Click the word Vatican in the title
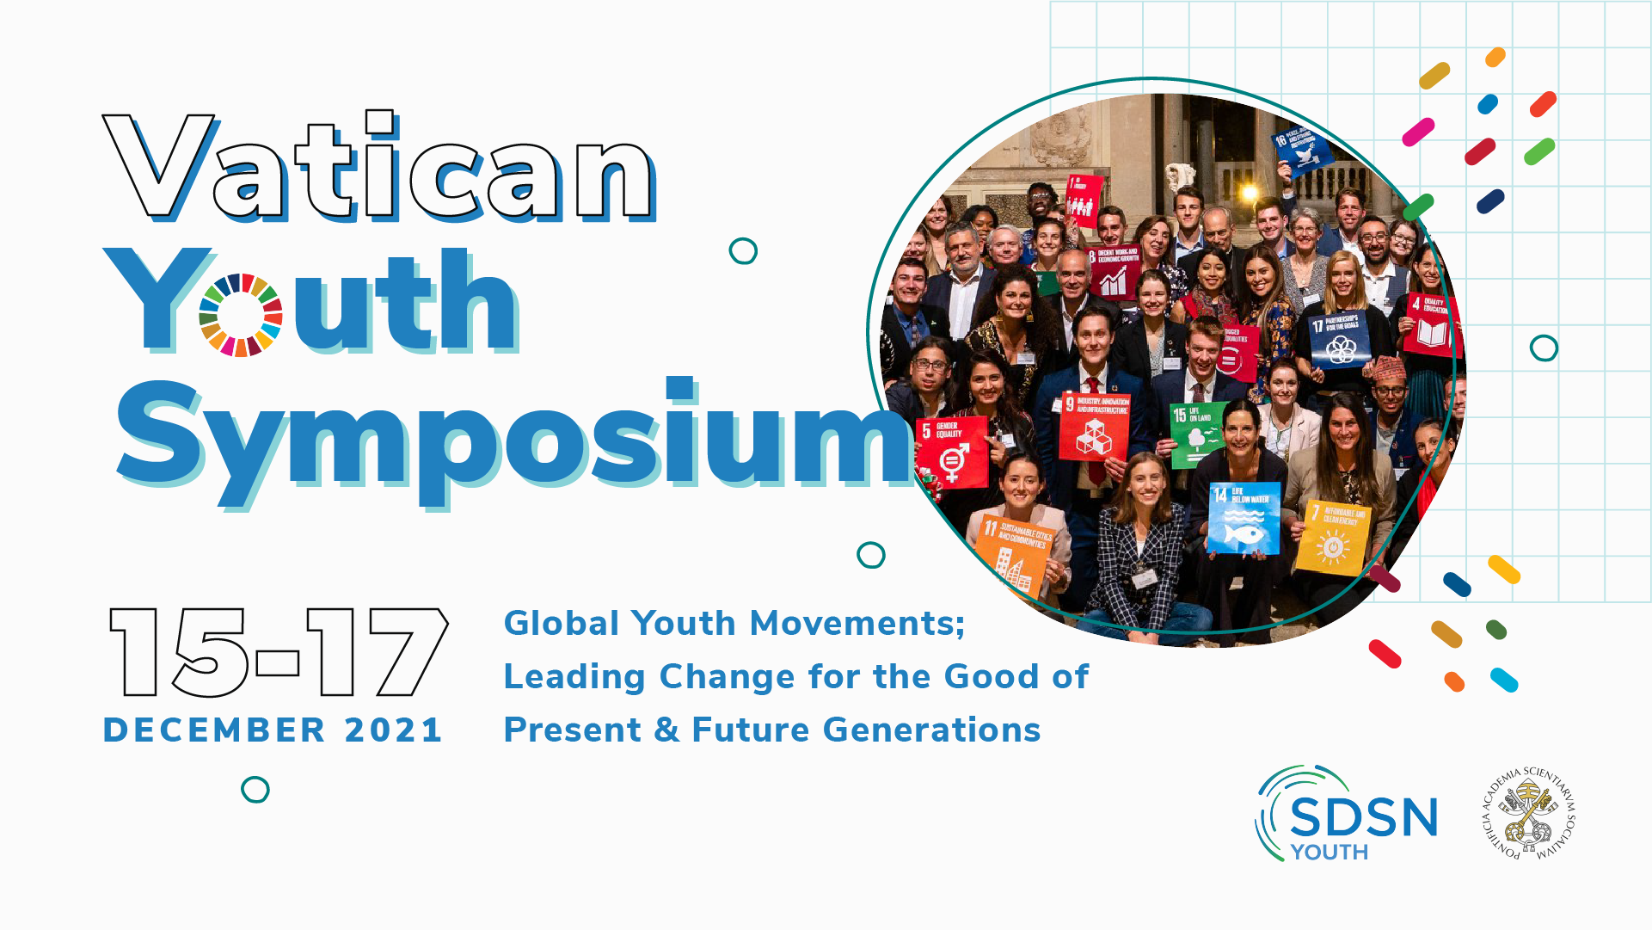pos(378,168)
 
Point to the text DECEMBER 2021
pos(273,730)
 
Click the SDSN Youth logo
pos(1347,814)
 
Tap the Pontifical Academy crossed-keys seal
pos(1528,813)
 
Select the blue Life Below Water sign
pos(1243,518)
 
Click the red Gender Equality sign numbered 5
pos(953,452)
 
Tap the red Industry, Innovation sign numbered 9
pos(1094,427)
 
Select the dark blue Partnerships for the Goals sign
pos(1337,339)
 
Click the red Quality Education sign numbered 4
pos(1431,324)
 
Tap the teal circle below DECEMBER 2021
pos(255,789)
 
